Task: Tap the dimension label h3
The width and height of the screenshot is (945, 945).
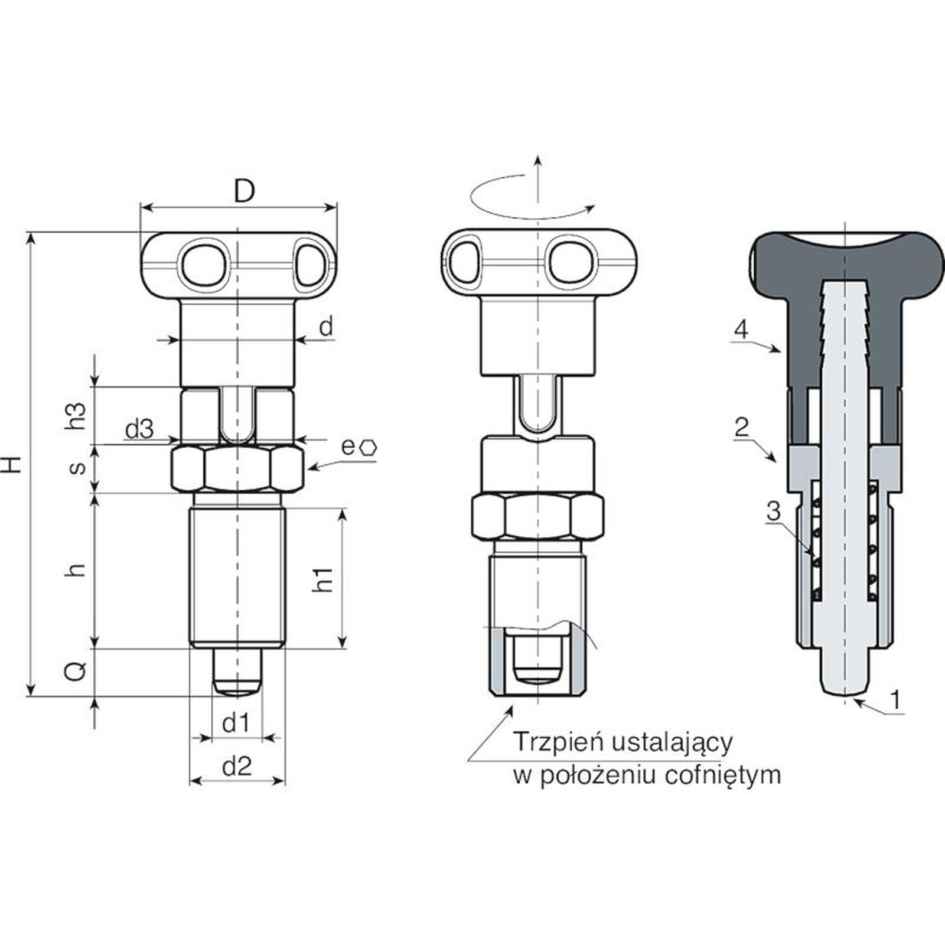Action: click(x=77, y=416)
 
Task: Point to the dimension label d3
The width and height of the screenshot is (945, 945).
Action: click(x=139, y=429)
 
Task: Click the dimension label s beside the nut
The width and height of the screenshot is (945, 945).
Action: click(x=77, y=468)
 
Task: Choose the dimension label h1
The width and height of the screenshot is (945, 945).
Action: click(x=323, y=579)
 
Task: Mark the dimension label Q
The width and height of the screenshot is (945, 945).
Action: click(x=77, y=671)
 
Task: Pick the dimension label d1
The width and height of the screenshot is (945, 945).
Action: click(x=236, y=722)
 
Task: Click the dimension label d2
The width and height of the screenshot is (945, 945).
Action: click(x=237, y=766)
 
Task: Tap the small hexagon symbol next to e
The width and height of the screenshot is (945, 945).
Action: click(x=369, y=447)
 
